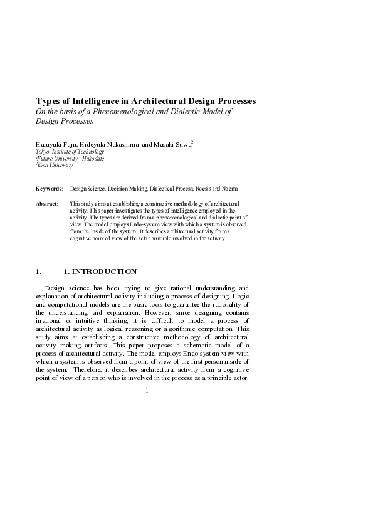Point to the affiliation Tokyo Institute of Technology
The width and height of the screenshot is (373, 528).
70,152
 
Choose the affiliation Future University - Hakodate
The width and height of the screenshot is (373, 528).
71,159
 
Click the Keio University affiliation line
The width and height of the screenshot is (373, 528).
56,166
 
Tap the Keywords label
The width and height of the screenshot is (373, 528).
49,188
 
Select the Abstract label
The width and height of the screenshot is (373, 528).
47,204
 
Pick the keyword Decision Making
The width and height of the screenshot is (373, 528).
129,188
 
